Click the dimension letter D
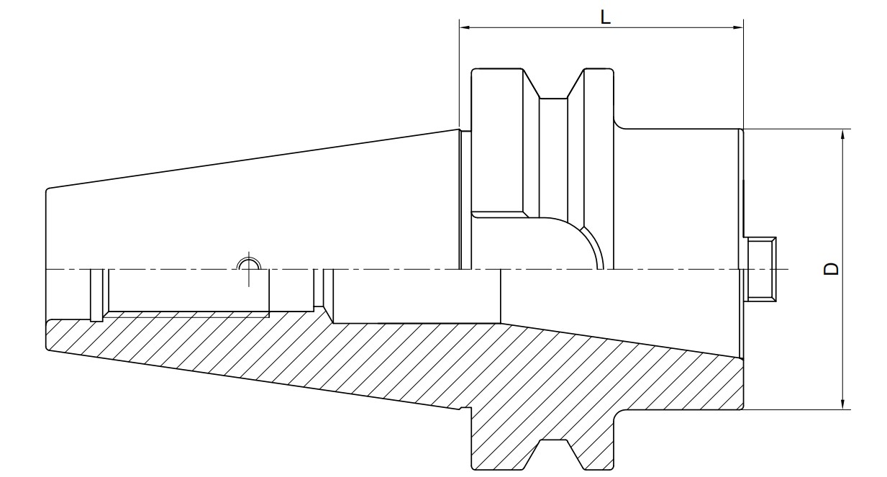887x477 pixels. [x=832, y=269]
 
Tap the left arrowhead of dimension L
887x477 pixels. [x=465, y=28]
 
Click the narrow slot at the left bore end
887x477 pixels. [x=96, y=294]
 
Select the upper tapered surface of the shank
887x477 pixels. [x=252, y=159]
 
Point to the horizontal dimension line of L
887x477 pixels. [x=547, y=28]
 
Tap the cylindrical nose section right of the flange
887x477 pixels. [x=676, y=194]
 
